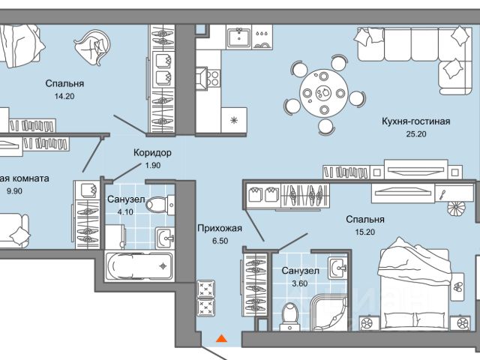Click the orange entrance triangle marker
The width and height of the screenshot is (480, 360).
[x=220, y=338]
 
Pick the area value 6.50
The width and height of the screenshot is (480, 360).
[x=219, y=241]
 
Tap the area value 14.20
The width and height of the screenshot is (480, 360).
[x=64, y=97]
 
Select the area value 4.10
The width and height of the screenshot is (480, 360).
[x=120, y=213]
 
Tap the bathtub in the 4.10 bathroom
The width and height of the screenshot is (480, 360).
[x=139, y=267]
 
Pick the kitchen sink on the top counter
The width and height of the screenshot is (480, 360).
[x=239, y=37]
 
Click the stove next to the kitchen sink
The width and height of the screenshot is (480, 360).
[x=262, y=37]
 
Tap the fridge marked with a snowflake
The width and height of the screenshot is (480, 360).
[x=235, y=118]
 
